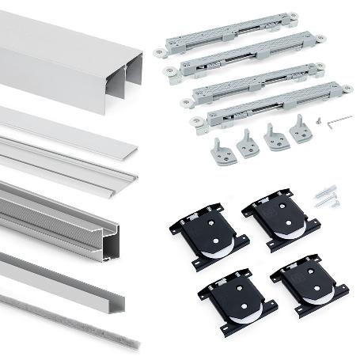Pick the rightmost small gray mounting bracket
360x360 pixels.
(x=301, y=130)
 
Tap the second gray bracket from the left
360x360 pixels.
(x=248, y=145)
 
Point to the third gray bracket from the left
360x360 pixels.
(x=276, y=137)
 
